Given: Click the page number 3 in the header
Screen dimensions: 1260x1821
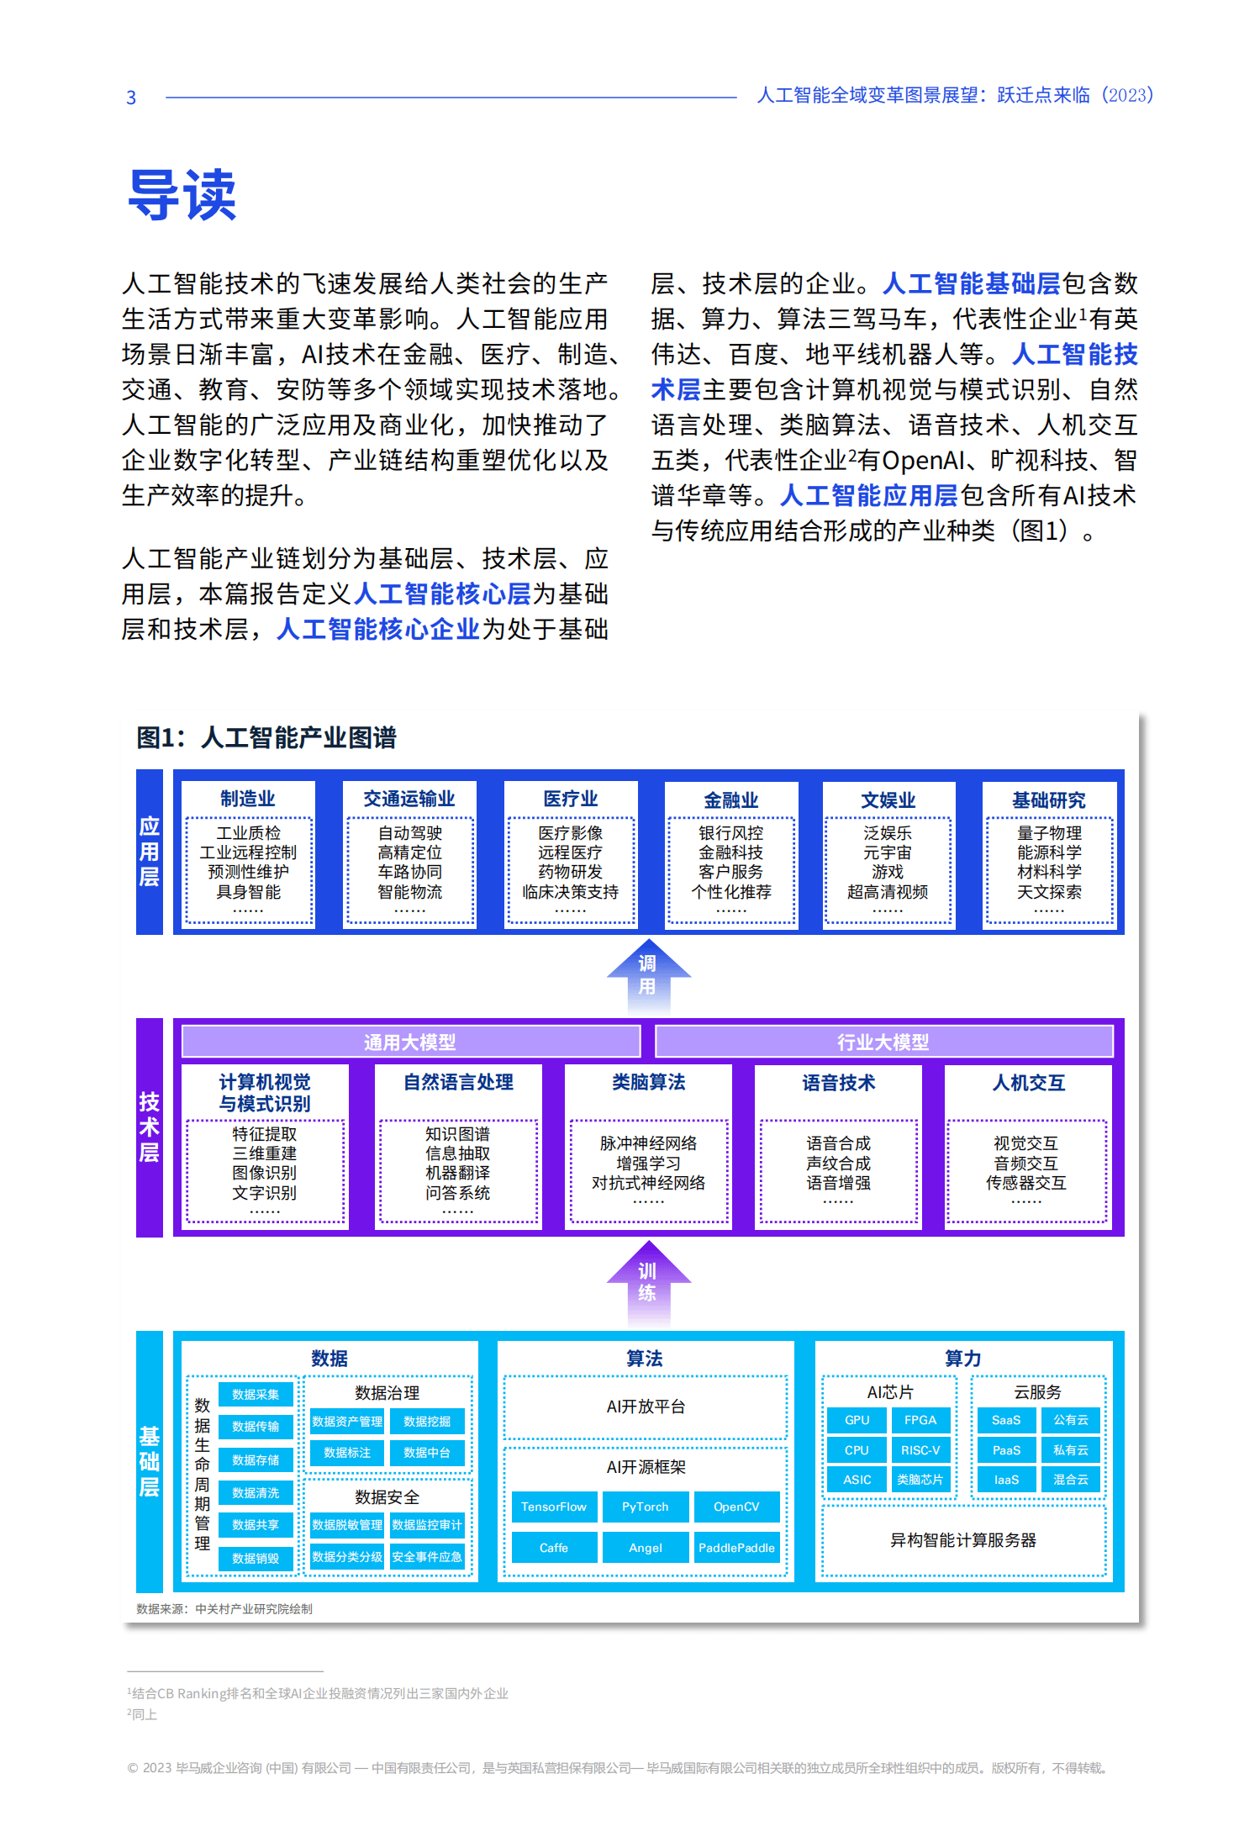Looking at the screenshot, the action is click(x=131, y=98).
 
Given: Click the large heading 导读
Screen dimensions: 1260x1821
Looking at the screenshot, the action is click(x=182, y=194).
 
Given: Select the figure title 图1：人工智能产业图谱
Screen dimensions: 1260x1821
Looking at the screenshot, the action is click(x=266, y=737).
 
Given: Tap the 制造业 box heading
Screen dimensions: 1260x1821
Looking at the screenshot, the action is click(x=248, y=798).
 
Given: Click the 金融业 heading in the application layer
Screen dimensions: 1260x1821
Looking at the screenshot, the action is click(x=731, y=800).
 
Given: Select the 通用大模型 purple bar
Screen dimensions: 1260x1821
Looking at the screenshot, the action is click(x=411, y=1042).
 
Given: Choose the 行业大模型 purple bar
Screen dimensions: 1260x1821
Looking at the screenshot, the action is click(x=883, y=1042).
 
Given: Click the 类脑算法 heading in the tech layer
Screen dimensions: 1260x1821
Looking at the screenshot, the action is click(x=648, y=1082).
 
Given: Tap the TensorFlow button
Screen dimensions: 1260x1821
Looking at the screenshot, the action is click(x=554, y=1507).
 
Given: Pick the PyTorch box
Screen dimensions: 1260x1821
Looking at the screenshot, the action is click(x=646, y=1507).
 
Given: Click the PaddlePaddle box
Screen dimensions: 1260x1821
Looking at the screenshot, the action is click(x=737, y=1548).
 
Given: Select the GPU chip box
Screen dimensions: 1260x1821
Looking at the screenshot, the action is click(x=857, y=1420).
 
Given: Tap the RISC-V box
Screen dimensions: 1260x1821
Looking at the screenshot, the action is click(x=920, y=1450).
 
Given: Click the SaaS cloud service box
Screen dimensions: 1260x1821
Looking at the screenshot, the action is click(x=1006, y=1420).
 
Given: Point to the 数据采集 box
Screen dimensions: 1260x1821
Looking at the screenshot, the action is click(x=256, y=1394).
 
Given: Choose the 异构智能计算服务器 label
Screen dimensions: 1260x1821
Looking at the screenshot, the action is click(x=963, y=1540).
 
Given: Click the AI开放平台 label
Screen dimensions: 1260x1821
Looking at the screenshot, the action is click(x=646, y=1407).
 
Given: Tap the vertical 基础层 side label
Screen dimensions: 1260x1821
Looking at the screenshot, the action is click(x=150, y=1461).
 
